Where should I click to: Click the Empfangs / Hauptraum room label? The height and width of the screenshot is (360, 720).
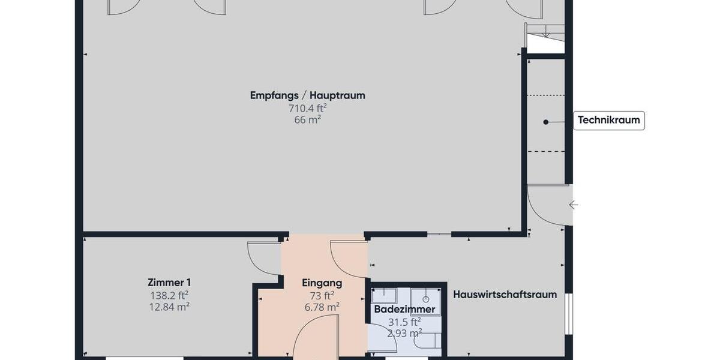click(x=307, y=95)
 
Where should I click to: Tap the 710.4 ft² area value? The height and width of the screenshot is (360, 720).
click(x=307, y=108)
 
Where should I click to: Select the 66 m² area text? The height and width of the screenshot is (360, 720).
click(x=307, y=119)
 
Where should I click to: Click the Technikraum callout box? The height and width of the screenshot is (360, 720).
click(x=608, y=121)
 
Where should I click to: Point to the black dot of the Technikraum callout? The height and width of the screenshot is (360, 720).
click(x=545, y=122)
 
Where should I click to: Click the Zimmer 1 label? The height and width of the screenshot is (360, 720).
click(x=169, y=283)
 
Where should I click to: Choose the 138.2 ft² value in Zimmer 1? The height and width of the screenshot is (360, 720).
click(x=169, y=295)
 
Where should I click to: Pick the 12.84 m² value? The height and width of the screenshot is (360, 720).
click(x=169, y=307)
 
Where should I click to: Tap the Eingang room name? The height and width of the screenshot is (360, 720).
click(x=322, y=283)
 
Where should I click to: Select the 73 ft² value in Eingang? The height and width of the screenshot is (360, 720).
click(x=322, y=295)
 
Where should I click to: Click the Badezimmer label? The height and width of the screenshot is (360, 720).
click(x=404, y=310)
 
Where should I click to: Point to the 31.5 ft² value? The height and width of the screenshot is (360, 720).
click(x=404, y=322)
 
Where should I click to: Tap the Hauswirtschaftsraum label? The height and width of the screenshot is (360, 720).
click(x=505, y=295)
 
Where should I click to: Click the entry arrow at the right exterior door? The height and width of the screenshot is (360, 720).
click(x=573, y=205)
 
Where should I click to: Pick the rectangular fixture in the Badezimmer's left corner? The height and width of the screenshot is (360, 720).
click(x=383, y=295)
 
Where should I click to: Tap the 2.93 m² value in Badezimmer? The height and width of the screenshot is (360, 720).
click(x=404, y=332)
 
